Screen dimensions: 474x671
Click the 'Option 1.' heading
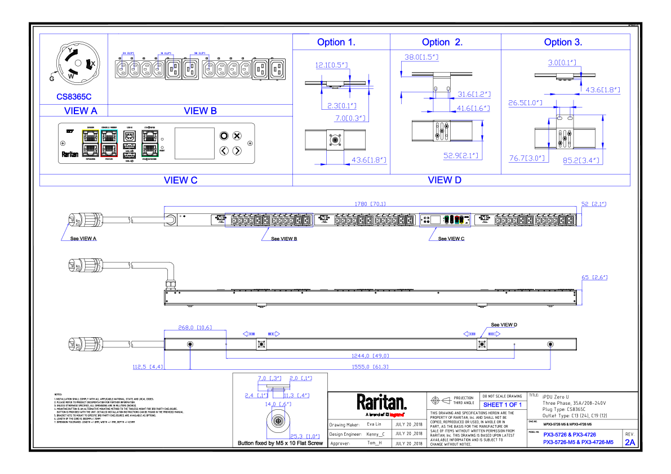pos(336,42)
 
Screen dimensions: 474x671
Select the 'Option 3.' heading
pos(563,42)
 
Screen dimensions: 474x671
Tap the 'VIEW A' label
pos(81,111)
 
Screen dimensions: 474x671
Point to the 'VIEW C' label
pos(180,180)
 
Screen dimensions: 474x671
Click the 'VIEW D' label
pos(445,180)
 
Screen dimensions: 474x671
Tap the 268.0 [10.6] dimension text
pos(194,327)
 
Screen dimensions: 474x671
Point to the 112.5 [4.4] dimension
pos(148,367)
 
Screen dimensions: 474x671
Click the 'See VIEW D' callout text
pos(504,325)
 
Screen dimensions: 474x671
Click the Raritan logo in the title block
pos(381,403)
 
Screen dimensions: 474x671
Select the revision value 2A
pos(629,442)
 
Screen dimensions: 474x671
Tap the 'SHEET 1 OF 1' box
pos(503,405)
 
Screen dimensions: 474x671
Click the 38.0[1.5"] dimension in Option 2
pos(421,57)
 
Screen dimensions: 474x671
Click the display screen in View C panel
pos(194,143)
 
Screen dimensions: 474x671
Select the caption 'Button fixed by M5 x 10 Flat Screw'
pos(280,444)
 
